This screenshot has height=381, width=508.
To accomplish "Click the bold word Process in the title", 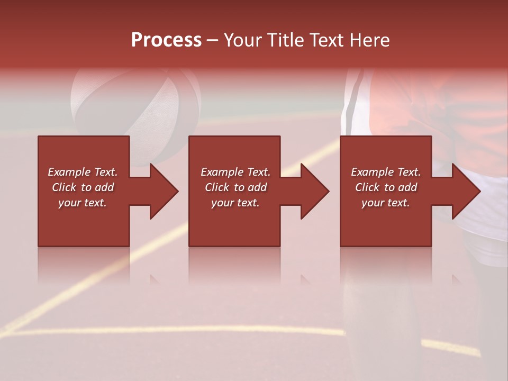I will pyautogui.click(x=166, y=40).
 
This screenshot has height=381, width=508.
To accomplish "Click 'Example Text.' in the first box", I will pyautogui.click(x=83, y=172).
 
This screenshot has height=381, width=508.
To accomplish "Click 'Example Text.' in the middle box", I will pyautogui.click(x=235, y=172).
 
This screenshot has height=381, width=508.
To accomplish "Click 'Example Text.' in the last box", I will pyautogui.click(x=386, y=172).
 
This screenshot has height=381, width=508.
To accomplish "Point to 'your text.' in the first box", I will pyautogui.click(x=83, y=203).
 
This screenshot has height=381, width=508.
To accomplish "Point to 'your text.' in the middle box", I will pyautogui.click(x=235, y=203).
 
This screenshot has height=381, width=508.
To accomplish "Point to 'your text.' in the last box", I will pyautogui.click(x=386, y=203).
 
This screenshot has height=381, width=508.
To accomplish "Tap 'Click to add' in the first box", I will pyautogui.click(x=83, y=187).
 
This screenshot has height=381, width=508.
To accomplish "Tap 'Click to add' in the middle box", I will pyautogui.click(x=235, y=187).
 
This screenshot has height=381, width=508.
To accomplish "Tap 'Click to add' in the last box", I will pyautogui.click(x=386, y=187).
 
